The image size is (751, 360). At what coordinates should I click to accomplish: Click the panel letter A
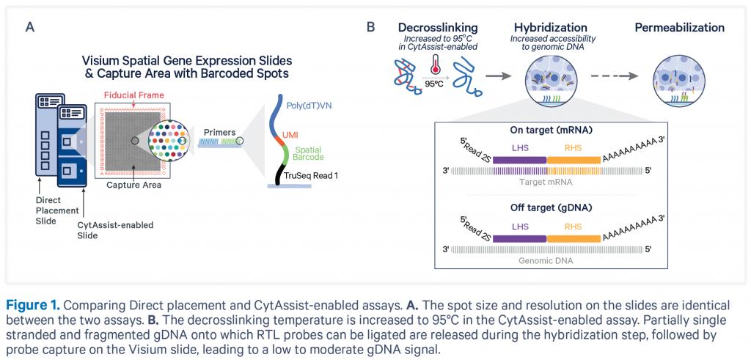pyautogui.click(x=29, y=27)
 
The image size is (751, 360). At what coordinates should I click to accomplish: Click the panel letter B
pyautogui.click(x=370, y=27)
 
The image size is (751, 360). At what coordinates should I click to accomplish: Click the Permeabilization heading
pyautogui.click(x=680, y=27)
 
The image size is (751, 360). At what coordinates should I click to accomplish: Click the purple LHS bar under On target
pyautogui.click(x=519, y=160)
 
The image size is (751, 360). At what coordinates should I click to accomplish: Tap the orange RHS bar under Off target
pyautogui.click(x=574, y=238)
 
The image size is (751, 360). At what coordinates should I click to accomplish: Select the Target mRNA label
pyautogui.click(x=546, y=183)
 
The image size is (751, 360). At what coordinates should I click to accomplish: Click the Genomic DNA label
pyautogui.click(x=546, y=261)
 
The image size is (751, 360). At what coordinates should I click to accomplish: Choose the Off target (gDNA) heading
pyautogui.click(x=546, y=209)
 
